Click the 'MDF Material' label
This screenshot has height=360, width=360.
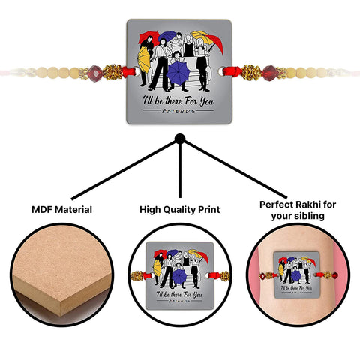(x=61, y=209)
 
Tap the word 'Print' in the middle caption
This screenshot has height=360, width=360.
(x=209, y=209)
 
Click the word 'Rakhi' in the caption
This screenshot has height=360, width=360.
(x=308, y=205)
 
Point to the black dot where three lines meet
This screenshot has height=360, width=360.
(x=180, y=139)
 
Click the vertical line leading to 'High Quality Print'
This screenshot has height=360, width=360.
(x=180, y=171)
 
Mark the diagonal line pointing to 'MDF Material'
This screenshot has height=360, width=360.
(x=124, y=170)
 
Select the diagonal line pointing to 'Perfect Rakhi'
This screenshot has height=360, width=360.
(x=235, y=170)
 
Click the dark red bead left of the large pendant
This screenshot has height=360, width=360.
(x=95, y=73)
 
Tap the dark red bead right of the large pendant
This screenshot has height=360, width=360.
(x=269, y=73)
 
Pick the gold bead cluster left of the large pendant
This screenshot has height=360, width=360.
(x=112, y=72)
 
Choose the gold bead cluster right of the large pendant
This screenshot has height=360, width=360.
(x=250, y=73)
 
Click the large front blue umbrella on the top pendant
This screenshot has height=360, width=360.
(x=178, y=73)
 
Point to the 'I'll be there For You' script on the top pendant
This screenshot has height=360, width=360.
(x=178, y=100)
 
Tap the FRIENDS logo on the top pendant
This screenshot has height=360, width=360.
(x=178, y=111)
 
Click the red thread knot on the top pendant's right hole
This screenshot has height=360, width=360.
(x=231, y=71)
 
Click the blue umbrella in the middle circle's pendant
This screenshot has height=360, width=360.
(x=179, y=277)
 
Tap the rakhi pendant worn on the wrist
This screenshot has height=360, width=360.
(x=296, y=274)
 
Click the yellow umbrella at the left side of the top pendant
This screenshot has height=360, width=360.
(x=143, y=59)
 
